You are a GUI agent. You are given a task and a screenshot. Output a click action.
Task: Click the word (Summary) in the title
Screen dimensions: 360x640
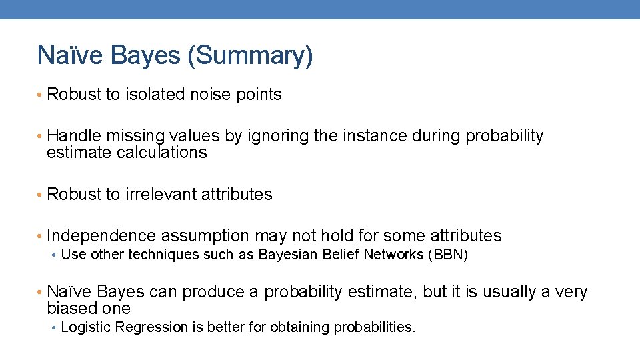[x=250, y=55]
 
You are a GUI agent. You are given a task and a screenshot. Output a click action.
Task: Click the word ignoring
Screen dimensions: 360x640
[x=278, y=136]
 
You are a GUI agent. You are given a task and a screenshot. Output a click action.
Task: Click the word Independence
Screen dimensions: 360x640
[x=102, y=236]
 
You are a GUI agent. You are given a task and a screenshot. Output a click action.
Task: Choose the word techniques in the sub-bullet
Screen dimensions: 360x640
[x=153, y=255]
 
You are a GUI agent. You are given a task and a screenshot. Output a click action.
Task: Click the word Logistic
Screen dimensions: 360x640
[x=87, y=327]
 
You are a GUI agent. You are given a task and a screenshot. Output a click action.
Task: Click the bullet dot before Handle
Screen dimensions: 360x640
[x=41, y=137]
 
